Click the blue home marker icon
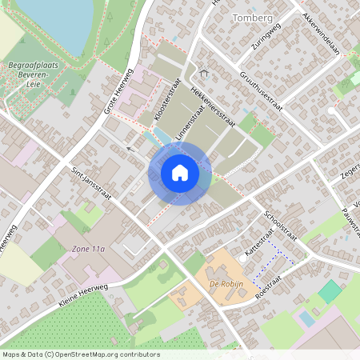180,172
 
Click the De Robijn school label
226,284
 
